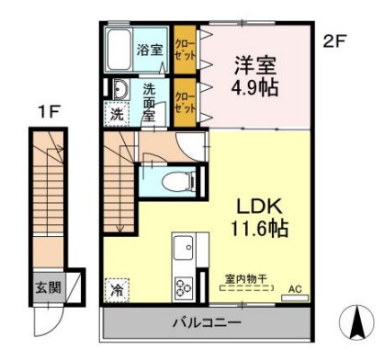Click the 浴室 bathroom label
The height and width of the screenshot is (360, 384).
point(150,51)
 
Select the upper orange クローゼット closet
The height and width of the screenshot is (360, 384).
point(185,51)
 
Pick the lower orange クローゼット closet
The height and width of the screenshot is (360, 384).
point(185,102)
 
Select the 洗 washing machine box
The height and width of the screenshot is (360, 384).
point(117,116)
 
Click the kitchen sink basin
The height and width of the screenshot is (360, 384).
point(182,247)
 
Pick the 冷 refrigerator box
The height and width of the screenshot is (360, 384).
point(117,287)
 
